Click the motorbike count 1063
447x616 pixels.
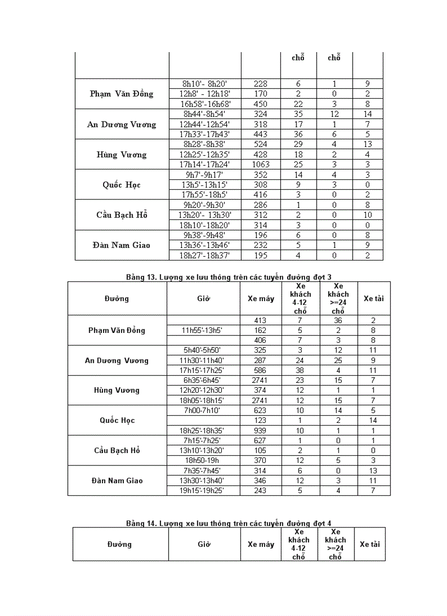click(261, 164)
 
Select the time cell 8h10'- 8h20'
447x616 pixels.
click(206, 84)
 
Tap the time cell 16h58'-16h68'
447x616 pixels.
click(206, 104)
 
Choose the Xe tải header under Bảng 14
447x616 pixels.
click(369, 544)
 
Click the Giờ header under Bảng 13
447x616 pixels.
click(204, 298)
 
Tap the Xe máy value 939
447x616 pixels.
click(260, 431)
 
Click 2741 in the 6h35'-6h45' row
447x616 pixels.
click(260, 380)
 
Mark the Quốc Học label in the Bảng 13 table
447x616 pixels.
click(117, 420)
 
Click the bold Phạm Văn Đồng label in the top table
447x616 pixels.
click(122, 94)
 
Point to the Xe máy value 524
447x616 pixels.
click(261, 144)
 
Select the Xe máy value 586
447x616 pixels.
click(260, 370)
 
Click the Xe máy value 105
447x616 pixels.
click(260, 450)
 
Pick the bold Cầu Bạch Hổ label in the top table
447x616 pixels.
click(122, 214)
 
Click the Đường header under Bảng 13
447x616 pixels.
click(117, 298)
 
